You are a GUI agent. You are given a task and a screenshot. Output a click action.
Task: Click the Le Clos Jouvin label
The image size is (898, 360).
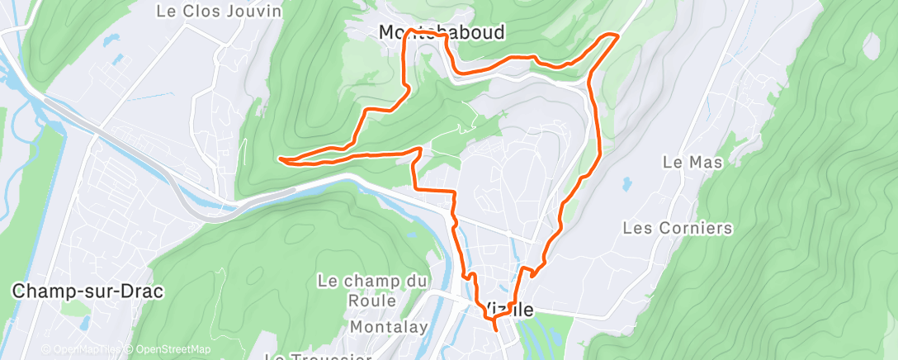219,12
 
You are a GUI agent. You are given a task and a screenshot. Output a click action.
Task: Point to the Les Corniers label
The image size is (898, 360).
678,227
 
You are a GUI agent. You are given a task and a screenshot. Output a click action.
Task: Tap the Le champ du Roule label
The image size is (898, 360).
371,291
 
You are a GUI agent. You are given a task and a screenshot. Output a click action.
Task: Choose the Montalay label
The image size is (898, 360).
389,327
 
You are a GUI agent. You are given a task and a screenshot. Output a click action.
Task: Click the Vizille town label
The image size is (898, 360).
508,310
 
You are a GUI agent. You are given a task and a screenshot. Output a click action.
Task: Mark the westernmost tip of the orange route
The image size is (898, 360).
281,158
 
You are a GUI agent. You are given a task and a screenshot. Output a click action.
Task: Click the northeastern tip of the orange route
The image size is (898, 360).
617,35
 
